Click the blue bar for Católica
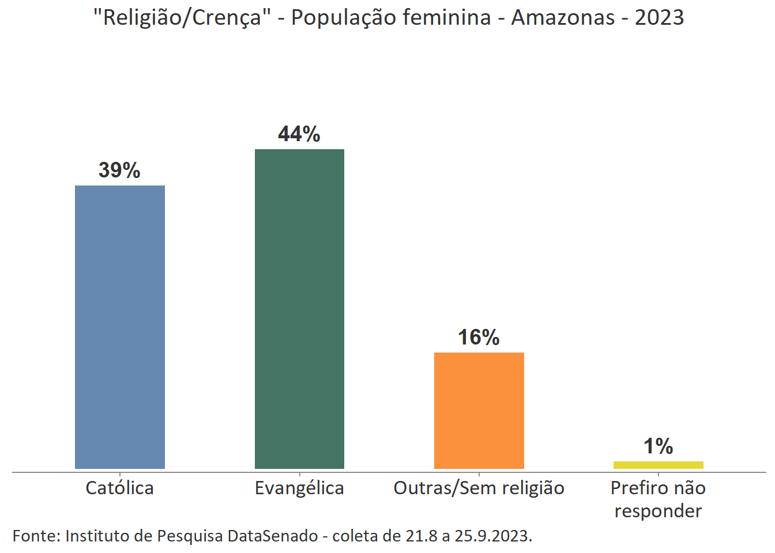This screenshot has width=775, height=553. tap(120, 327)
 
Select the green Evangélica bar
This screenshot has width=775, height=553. tap(299, 309)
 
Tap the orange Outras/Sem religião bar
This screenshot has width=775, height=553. tap(479, 410)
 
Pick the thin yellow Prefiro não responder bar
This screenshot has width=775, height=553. tap(658, 465)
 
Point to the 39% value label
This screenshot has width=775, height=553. tap(119, 171)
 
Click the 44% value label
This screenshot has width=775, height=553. tap(299, 134)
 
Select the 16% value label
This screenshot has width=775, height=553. tap(479, 338)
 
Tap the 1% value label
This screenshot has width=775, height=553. tap(658, 446)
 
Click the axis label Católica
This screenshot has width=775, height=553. tap(120, 488)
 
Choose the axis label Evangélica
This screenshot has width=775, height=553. tap(299, 488)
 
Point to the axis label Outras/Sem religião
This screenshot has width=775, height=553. tap(479, 488)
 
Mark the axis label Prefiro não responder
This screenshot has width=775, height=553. tap(658, 499)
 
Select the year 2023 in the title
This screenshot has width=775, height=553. tap(659, 18)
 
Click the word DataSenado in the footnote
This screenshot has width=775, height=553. tap(272, 536)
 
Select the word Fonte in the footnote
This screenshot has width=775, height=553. tap(35, 536)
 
